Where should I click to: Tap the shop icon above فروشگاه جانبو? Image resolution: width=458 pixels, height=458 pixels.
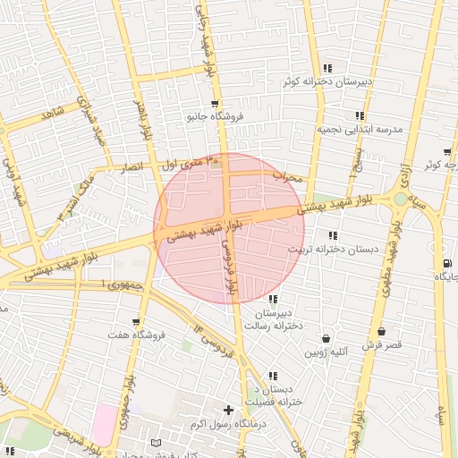click(x=214, y=104)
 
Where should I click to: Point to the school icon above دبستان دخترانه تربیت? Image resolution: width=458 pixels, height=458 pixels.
click(x=333, y=235)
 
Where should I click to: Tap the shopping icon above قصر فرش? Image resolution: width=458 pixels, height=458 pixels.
click(x=381, y=332)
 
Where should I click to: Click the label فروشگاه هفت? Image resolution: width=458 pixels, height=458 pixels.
click(x=135, y=335)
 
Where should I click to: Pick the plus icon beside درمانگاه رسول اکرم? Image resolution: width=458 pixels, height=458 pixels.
click(x=229, y=410)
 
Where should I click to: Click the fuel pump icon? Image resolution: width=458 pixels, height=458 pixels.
click(x=445, y=262)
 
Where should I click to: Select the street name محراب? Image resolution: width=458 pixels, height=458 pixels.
click(x=289, y=177)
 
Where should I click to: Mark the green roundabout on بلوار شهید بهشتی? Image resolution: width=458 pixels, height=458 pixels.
click(x=399, y=199)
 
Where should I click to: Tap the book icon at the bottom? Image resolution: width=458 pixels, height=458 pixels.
click(x=157, y=443)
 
